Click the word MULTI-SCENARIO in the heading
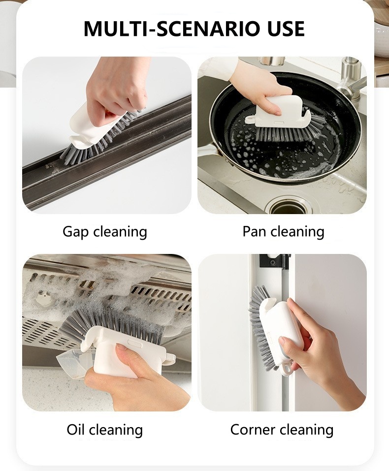(x=172, y=29)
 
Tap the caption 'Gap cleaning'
(x=104, y=232)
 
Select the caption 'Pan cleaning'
(x=283, y=232)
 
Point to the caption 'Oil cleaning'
(x=104, y=430)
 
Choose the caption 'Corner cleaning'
(x=282, y=430)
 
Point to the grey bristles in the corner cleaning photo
(x=261, y=324)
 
